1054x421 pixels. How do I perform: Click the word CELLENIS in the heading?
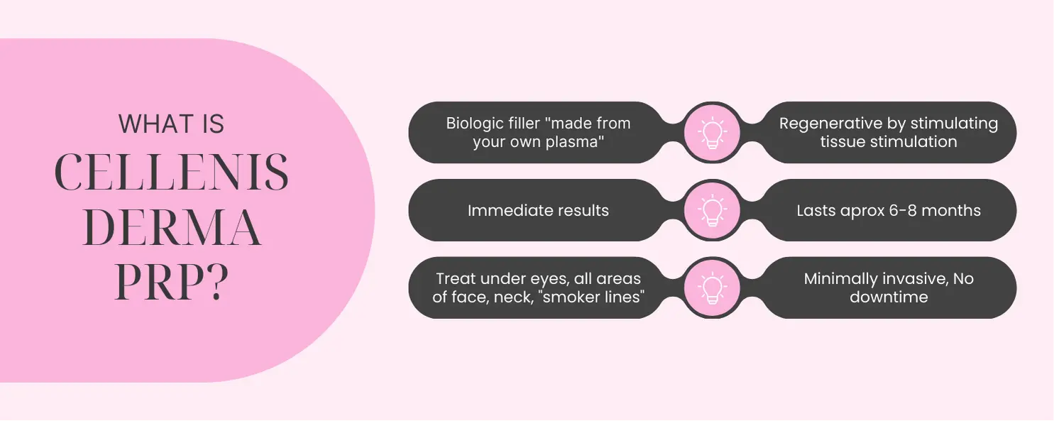171,173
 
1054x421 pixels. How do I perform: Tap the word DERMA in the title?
172,228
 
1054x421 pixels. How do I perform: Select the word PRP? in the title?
172,282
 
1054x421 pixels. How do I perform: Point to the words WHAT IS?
171,124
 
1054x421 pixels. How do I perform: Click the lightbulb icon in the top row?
712,133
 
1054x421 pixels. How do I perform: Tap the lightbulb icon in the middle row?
712,210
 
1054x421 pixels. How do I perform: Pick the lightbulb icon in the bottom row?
712,288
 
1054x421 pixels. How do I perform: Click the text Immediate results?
538,210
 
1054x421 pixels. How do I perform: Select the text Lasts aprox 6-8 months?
889,210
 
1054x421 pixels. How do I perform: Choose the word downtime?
889,297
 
